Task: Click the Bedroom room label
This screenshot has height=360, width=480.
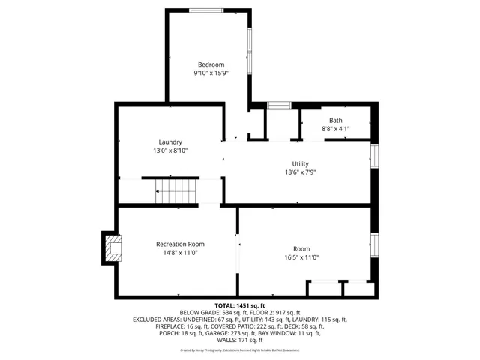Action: point(211,64)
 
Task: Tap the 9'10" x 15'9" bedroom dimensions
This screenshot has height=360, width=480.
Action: point(211,73)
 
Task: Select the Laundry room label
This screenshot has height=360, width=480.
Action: point(170,142)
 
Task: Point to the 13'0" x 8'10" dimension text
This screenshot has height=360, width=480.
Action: point(170,151)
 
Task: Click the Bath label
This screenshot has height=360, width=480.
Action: point(335,120)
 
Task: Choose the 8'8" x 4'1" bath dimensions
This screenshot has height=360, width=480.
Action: point(335,129)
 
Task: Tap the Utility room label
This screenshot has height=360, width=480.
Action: point(300,164)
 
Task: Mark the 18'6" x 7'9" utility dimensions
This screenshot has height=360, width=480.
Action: point(300,173)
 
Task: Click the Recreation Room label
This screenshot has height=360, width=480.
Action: point(180,244)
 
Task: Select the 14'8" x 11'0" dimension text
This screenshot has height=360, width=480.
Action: point(180,253)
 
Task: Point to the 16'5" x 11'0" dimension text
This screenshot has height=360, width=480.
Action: point(301,257)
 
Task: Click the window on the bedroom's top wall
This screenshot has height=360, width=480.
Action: point(205,10)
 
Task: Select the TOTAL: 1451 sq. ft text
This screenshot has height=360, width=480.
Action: point(240,305)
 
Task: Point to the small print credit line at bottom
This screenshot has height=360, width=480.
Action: point(240,349)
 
